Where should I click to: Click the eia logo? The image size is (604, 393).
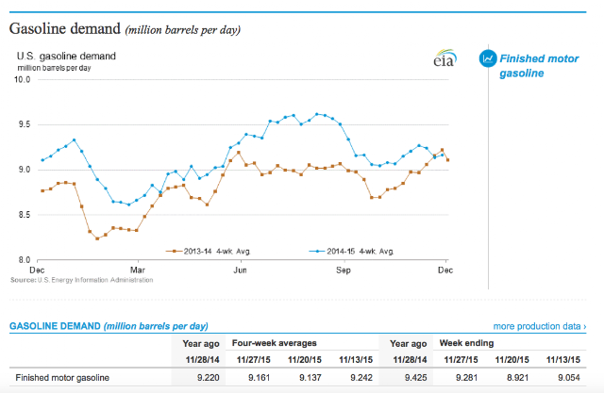point(442,59)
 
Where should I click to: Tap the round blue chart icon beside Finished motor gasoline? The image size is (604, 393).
point(487,57)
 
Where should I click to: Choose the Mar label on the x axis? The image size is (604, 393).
point(138,270)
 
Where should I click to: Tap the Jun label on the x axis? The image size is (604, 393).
point(241,270)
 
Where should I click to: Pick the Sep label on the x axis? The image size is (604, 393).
point(344,270)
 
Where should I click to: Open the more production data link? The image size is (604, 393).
point(539,326)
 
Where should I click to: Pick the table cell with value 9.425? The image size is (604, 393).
point(413,378)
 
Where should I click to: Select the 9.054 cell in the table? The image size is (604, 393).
point(569,378)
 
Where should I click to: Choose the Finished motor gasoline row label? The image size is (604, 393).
point(61,378)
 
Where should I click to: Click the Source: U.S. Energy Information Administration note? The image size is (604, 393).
point(80,280)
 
